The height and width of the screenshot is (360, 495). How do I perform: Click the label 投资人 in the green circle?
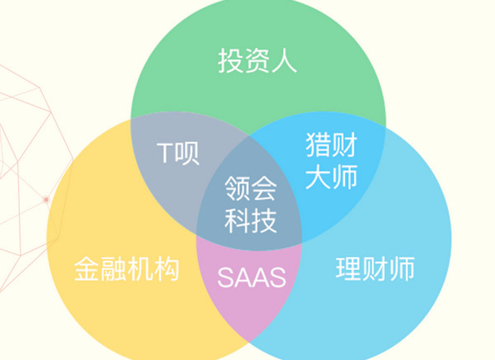tap(257, 60)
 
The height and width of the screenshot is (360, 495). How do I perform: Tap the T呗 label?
tap(178, 154)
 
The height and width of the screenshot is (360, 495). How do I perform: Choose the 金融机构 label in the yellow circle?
tap(126, 269)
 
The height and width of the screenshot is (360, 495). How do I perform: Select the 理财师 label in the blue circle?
tap(375, 269)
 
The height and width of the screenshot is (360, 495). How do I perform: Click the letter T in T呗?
tap(164, 154)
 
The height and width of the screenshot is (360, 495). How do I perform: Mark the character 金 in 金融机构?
tap(87, 269)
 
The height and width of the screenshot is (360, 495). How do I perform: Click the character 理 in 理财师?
tap(349, 269)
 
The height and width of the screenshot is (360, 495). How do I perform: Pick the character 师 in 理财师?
tap(401, 269)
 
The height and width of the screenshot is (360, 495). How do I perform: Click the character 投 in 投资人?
tap(231, 60)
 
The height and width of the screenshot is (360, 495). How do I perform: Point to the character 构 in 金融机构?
tap(165, 269)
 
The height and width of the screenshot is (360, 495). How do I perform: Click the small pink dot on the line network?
tap(47, 200)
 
